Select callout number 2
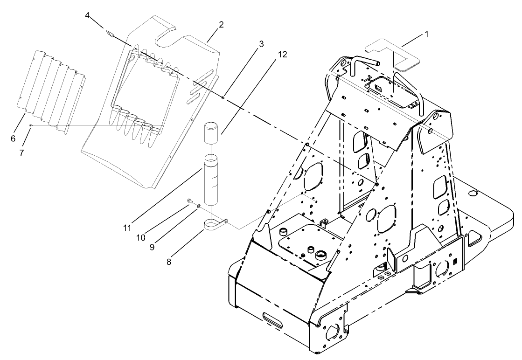[221, 25]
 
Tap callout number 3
[261, 44]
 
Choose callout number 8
[169, 262]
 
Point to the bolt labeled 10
[190, 201]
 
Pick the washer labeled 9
[199, 205]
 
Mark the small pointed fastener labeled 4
[110, 33]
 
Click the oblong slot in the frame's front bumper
[273, 320]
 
